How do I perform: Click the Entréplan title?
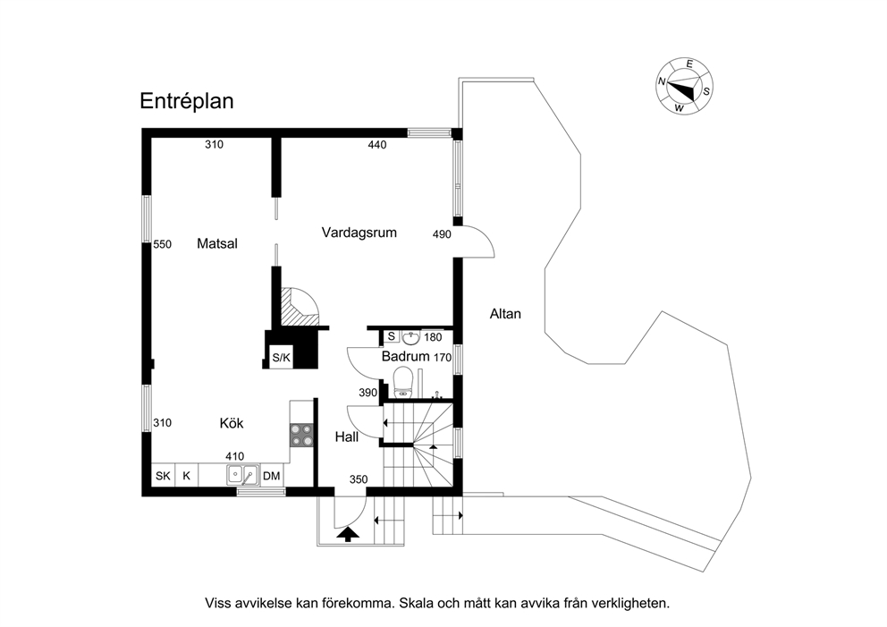(187, 101)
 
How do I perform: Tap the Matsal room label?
(217, 244)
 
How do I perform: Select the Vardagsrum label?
(359, 233)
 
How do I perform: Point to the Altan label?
(505, 314)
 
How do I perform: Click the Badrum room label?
(406, 357)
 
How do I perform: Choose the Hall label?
(347, 436)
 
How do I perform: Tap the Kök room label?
(232, 423)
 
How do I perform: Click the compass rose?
(685, 86)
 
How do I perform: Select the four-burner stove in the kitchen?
(301, 436)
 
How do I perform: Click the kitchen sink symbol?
(243, 475)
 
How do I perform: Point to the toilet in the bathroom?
(402, 381)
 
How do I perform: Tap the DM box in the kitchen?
(272, 476)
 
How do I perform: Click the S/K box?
(281, 357)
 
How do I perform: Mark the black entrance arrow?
(347, 534)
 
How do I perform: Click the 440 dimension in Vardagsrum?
(376, 145)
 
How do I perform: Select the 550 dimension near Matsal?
(163, 244)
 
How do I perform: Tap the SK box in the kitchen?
(163, 476)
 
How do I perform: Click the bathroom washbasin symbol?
(410, 338)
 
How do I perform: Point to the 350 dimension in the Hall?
(359, 480)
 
